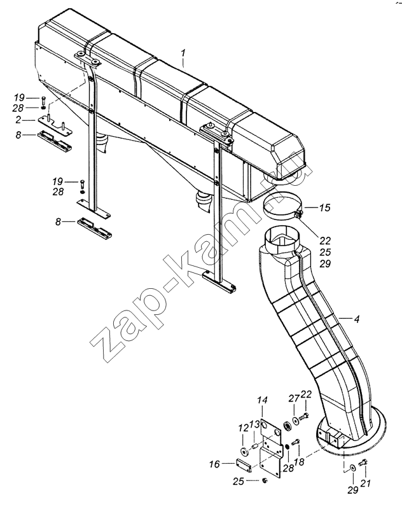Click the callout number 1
pyautogui.click(x=183, y=53)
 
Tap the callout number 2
pyautogui.click(x=18, y=120)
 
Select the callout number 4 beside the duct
pyautogui.click(x=357, y=319)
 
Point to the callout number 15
pyautogui.click(x=324, y=207)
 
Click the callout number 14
pyautogui.click(x=263, y=400)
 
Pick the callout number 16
pyautogui.click(x=214, y=464)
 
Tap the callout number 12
pyautogui.click(x=244, y=428)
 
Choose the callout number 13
pyautogui.click(x=254, y=423)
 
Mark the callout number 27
pyautogui.click(x=294, y=399)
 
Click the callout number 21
pyautogui.click(x=365, y=484)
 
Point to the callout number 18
pyautogui.click(x=299, y=462)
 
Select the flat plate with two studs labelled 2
pyautogui.click(x=55, y=126)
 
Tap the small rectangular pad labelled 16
pyautogui.click(x=244, y=466)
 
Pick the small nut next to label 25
pyautogui.click(x=264, y=480)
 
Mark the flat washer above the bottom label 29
pyautogui.click(x=352, y=468)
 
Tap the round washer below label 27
pyautogui.click(x=296, y=421)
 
